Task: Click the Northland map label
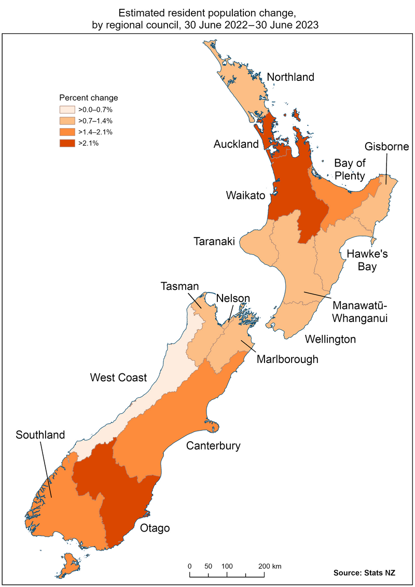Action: [x=290, y=77]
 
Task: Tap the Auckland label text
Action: [x=236, y=144]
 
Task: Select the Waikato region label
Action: [x=245, y=195]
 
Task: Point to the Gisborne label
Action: [x=386, y=147]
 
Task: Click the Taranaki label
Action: [x=214, y=241]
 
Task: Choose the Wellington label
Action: [x=330, y=340]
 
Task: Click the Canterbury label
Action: [x=213, y=445]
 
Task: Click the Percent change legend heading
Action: [x=88, y=97]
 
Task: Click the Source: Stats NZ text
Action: [x=364, y=573]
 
